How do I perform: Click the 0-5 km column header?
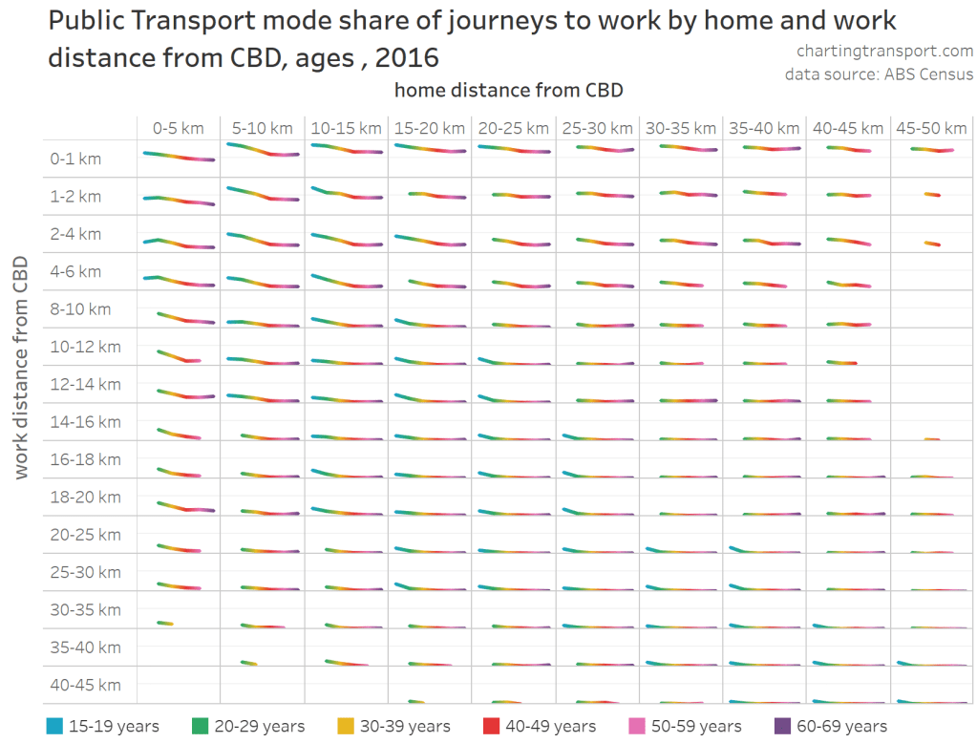point(178,128)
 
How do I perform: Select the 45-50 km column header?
point(932,128)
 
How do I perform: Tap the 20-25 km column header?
point(514,128)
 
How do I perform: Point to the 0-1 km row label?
point(75,159)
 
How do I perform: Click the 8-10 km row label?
point(80,309)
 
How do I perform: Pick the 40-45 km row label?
point(85,685)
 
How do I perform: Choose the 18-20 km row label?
point(85,498)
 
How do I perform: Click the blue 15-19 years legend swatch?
point(54,727)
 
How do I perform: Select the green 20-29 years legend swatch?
point(201,727)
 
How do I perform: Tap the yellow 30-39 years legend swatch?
point(347,727)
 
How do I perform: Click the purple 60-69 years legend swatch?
point(784,727)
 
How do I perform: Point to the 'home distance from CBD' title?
point(508,90)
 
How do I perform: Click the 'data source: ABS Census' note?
point(879,74)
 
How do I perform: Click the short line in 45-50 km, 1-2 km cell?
point(932,195)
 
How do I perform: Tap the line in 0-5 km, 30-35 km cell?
point(165,624)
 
